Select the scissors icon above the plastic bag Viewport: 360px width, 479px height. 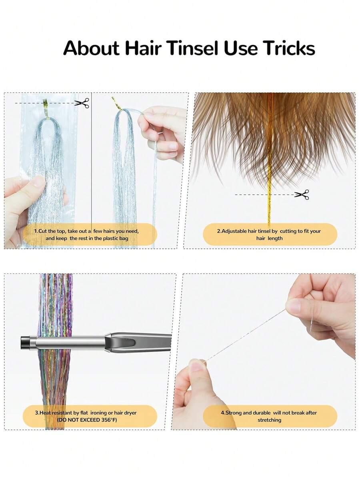[82, 103]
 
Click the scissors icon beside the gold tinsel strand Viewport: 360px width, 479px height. [301, 194]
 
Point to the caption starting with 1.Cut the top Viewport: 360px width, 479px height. [86, 235]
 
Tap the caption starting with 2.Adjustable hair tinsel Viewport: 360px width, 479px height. [269, 235]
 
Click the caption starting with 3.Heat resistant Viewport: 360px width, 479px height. [86, 416]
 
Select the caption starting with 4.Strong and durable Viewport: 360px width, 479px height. [269, 416]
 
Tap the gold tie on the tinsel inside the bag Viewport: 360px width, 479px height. [45, 104]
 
